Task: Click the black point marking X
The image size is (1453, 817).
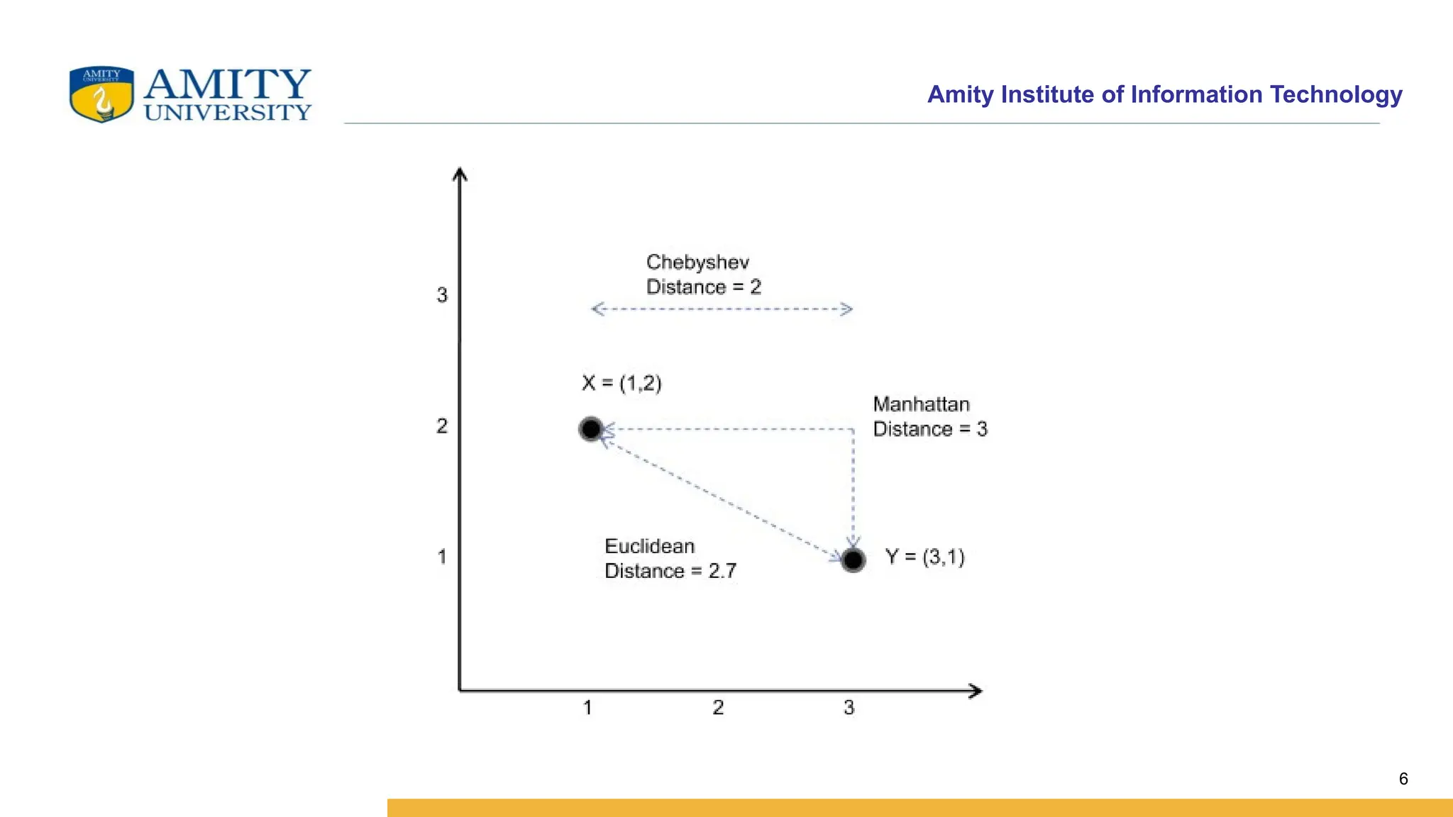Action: [x=591, y=429]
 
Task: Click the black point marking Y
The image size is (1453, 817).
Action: [x=853, y=560]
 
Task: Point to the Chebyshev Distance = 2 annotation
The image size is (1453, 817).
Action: [x=703, y=274]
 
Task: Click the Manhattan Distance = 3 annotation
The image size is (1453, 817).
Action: [x=929, y=416]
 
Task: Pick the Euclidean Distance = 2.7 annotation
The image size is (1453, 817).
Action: [x=670, y=558]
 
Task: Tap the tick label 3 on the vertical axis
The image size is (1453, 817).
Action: [x=442, y=295]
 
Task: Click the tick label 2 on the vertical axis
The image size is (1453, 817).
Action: [x=442, y=426]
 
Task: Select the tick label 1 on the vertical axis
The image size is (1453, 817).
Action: [x=442, y=557]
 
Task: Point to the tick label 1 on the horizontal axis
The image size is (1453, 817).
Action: [x=587, y=707]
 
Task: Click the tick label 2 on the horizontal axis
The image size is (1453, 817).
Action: [x=718, y=707]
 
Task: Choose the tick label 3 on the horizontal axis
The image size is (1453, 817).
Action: [x=849, y=707]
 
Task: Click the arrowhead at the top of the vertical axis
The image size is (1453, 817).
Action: [x=460, y=174]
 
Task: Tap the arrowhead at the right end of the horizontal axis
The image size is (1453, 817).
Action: [x=976, y=691]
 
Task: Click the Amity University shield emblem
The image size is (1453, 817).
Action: [x=101, y=94]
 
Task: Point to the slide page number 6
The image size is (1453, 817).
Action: [x=1403, y=779]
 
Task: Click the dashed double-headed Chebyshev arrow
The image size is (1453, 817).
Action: [x=722, y=309]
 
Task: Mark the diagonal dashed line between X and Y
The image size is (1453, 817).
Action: [x=722, y=494]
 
